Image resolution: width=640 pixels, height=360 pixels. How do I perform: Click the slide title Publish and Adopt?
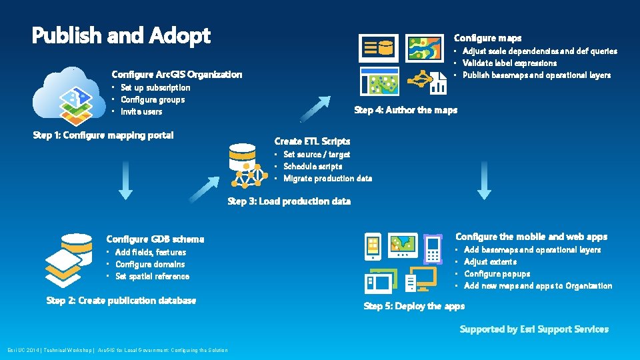(x=121, y=36)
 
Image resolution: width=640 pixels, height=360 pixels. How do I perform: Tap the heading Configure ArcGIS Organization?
(x=177, y=74)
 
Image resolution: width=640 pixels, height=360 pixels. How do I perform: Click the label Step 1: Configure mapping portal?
(x=103, y=135)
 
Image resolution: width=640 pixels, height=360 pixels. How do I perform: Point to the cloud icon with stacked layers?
(x=69, y=96)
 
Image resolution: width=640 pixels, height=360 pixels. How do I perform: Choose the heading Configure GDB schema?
(x=155, y=239)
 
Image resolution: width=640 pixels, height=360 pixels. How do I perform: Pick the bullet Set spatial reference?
(x=152, y=276)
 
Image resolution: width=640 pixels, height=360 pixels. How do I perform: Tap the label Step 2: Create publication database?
(x=121, y=301)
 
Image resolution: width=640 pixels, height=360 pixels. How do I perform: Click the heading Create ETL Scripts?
(x=312, y=141)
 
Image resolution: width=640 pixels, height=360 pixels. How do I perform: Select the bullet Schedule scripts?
(x=313, y=166)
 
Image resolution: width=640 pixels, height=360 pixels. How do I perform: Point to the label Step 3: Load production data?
(x=289, y=201)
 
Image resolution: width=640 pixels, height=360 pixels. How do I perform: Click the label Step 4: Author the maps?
(x=405, y=110)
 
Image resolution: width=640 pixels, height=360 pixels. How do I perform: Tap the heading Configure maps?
(x=487, y=38)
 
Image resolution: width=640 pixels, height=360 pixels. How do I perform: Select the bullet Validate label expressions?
(x=510, y=63)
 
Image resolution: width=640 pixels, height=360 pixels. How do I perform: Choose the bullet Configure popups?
(x=497, y=273)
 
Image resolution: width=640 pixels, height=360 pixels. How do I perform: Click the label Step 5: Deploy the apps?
(x=414, y=306)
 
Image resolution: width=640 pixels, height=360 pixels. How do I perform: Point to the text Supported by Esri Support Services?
(x=534, y=329)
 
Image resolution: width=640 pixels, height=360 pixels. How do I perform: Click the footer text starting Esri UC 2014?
(x=117, y=350)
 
